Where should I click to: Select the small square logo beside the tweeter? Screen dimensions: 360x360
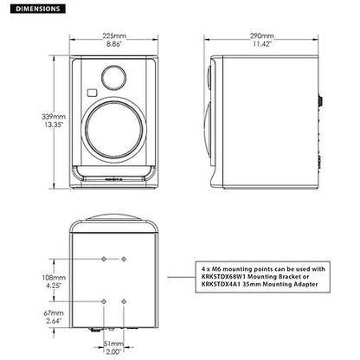(90, 93)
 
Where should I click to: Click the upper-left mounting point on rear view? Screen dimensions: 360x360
(104, 258)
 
